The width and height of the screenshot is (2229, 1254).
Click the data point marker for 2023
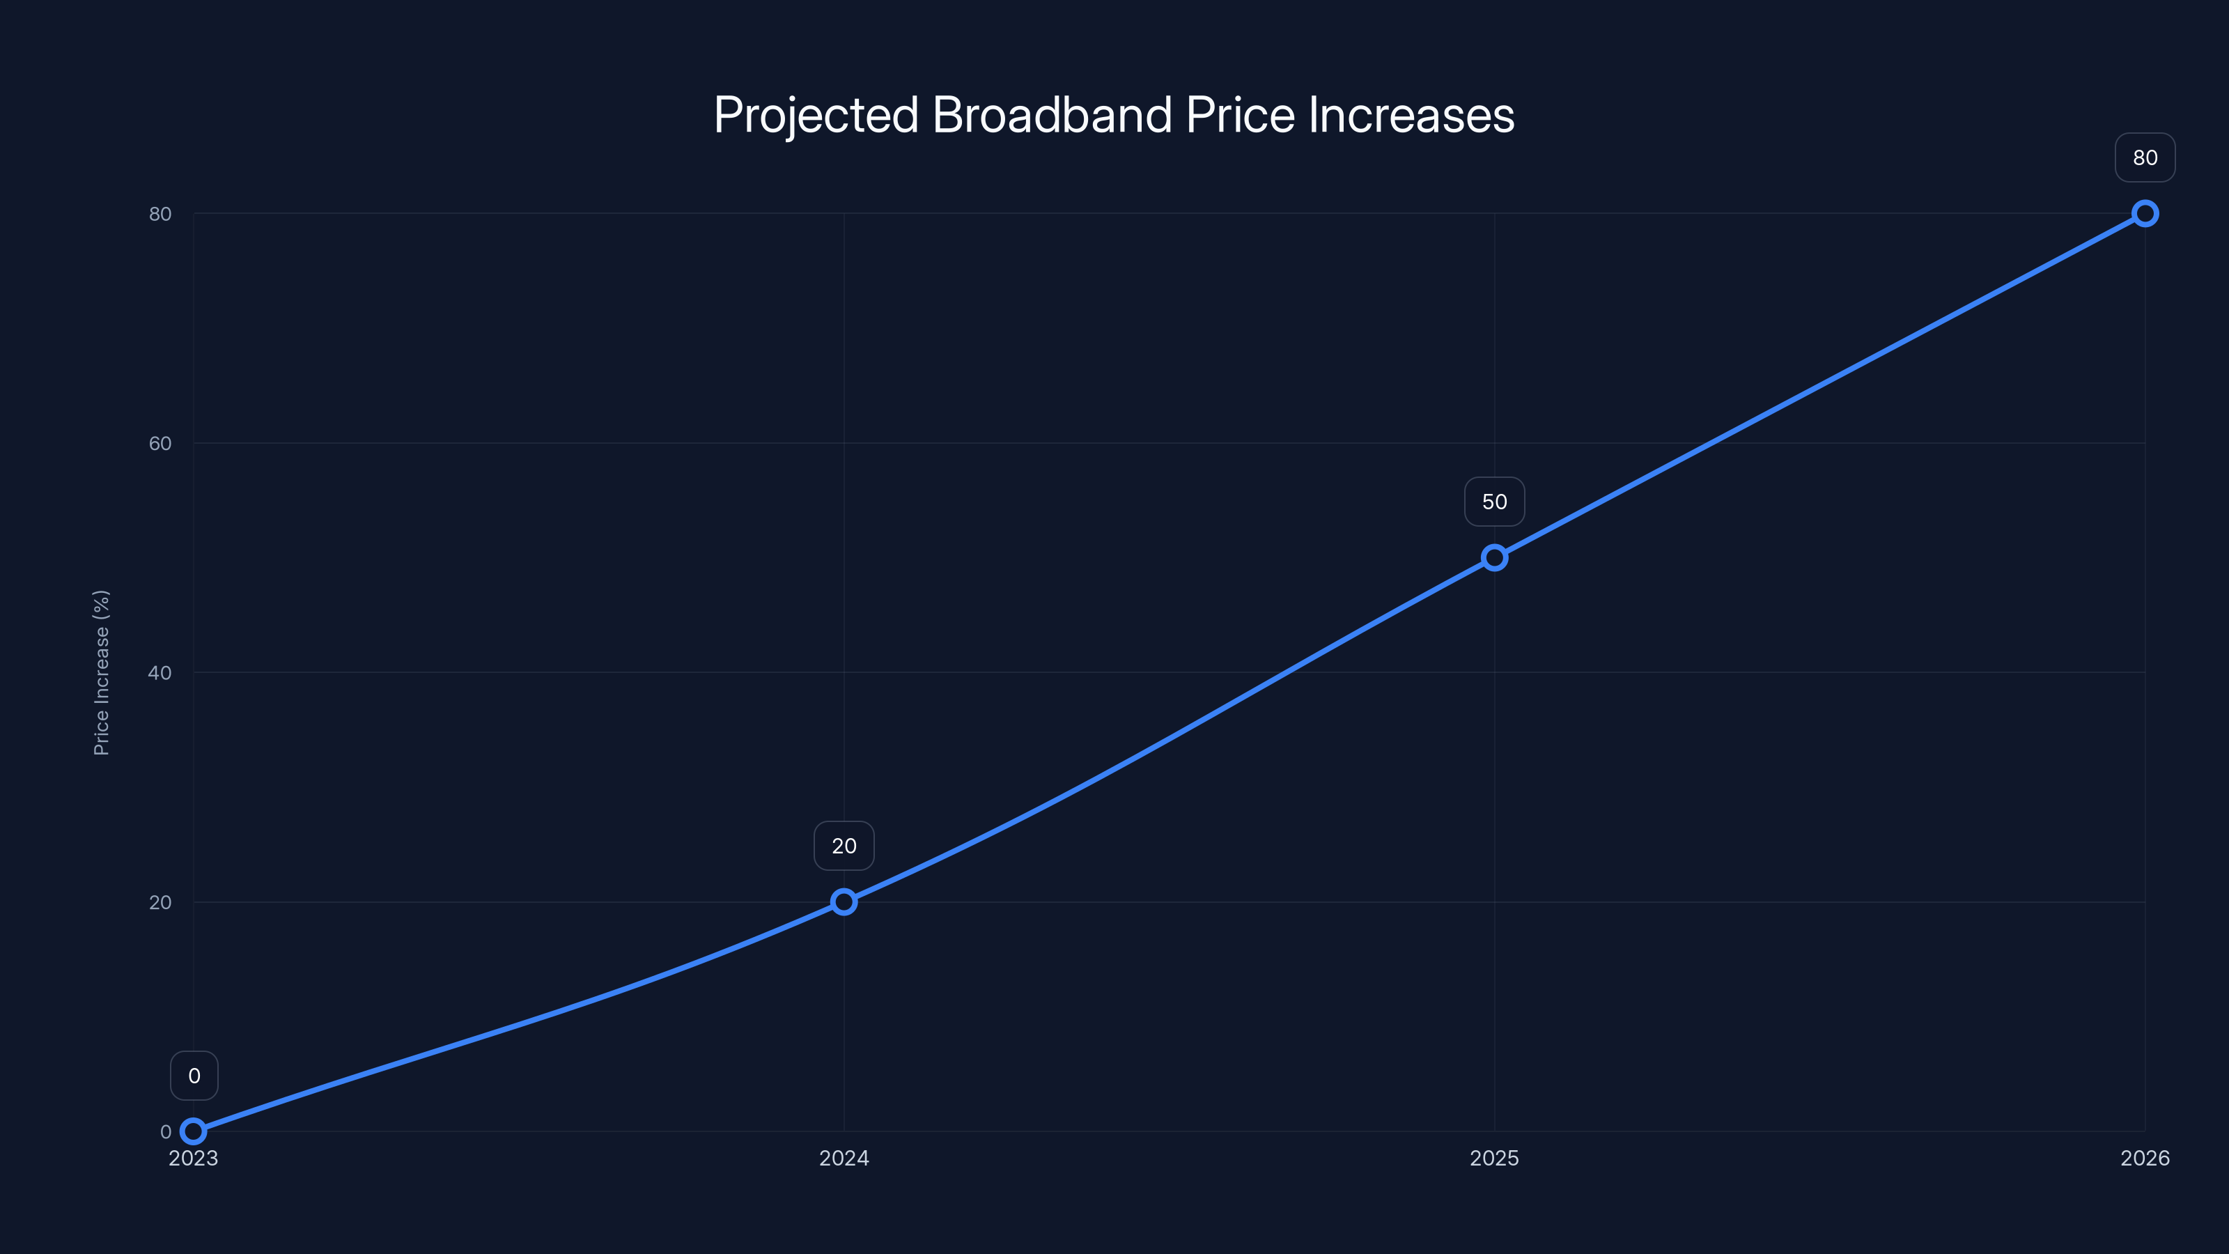click(194, 1131)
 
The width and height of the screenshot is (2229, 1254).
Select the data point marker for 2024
click(844, 901)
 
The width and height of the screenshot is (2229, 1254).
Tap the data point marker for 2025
click(1494, 557)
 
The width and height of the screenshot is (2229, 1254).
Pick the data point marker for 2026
click(2145, 214)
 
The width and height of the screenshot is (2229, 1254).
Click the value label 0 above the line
click(194, 1076)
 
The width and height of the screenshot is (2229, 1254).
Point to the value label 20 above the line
click(844, 846)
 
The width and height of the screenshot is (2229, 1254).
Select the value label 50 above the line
click(1494, 502)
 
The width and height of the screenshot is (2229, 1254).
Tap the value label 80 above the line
click(2145, 157)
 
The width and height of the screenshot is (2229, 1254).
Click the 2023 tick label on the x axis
click(194, 1158)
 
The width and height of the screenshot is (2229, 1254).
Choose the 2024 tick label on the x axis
click(844, 1158)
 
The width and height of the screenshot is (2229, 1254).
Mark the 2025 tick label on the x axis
click(1494, 1158)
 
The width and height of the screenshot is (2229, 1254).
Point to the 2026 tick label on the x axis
click(2145, 1158)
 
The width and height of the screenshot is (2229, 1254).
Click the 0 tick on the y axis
click(165, 1132)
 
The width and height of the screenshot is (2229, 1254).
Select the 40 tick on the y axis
click(160, 672)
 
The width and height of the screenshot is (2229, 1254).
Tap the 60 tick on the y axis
click(160, 443)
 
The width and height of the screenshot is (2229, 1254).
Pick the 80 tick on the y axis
click(160, 214)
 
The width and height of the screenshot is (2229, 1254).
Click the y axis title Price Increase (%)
click(101, 672)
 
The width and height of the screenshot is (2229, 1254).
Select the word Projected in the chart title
click(816, 116)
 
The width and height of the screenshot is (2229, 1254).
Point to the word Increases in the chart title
click(1411, 114)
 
